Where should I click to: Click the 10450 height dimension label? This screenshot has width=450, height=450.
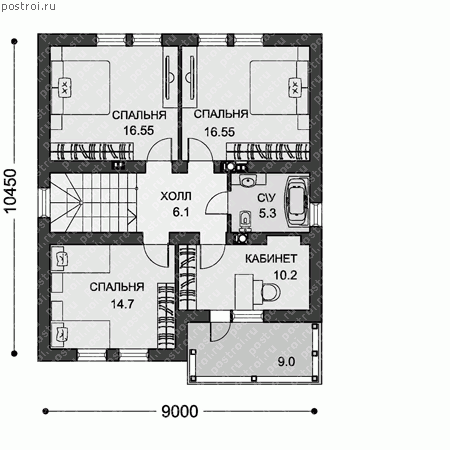click(11, 190)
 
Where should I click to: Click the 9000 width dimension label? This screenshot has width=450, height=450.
click(180, 411)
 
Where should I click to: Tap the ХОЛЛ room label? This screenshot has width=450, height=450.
click(176, 196)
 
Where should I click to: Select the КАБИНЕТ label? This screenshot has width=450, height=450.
click(271, 259)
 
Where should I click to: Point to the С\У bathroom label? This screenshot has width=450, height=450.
click(267, 198)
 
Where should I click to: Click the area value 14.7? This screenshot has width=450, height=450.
click(122, 304)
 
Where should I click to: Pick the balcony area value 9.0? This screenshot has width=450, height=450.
click(286, 362)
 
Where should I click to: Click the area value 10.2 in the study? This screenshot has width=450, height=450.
click(285, 275)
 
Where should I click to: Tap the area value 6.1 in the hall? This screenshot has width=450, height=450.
click(181, 212)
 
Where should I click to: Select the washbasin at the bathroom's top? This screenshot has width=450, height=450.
click(247, 181)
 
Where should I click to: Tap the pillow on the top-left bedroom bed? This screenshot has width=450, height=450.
click(65, 88)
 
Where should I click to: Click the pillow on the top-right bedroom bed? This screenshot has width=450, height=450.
click(295, 88)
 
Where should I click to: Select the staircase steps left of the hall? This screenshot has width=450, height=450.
click(93, 202)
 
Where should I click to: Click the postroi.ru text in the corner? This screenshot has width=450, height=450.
click(29, 6)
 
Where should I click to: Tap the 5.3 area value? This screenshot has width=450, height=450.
click(267, 213)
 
